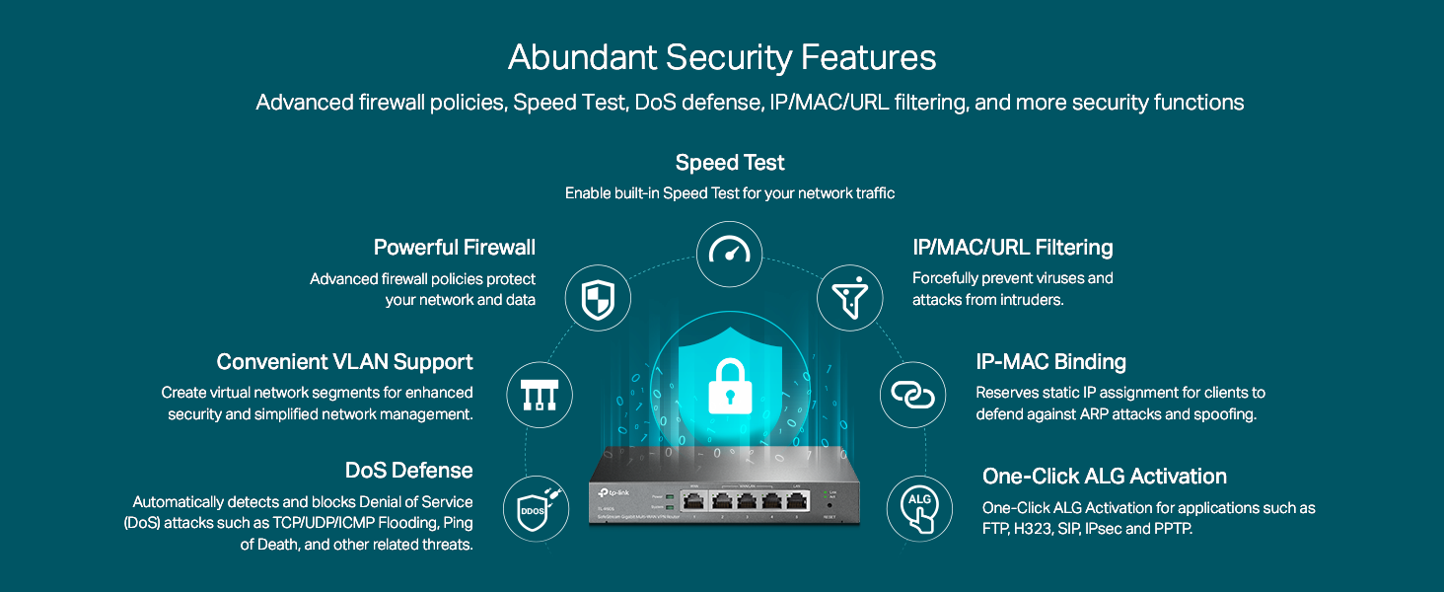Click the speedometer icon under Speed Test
(x=730, y=253)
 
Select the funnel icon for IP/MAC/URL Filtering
(x=849, y=297)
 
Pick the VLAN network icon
(x=540, y=395)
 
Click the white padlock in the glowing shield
(x=729, y=384)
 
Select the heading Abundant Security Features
(x=722, y=58)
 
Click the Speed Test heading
(x=730, y=162)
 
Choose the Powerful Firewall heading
(x=455, y=247)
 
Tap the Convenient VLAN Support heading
(x=345, y=361)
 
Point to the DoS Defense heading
(x=409, y=470)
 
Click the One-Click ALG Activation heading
(x=1105, y=477)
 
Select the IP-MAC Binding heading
(x=1050, y=361)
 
